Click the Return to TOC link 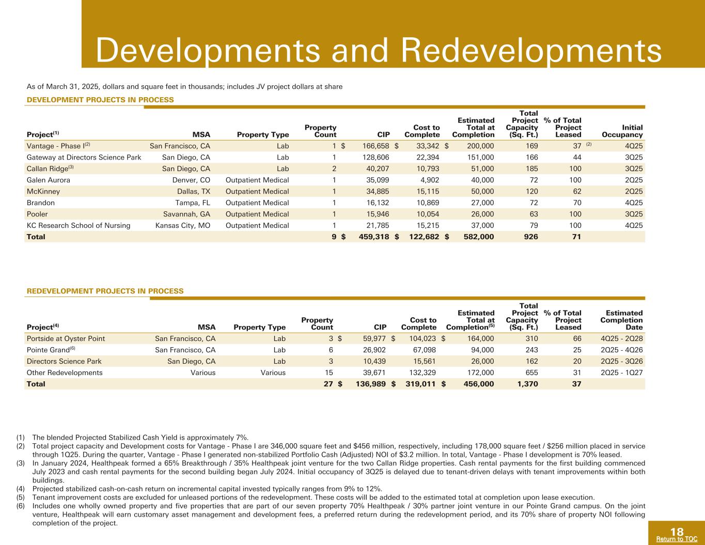[677, 539]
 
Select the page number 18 [677, 532]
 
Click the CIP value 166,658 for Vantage [372, 146]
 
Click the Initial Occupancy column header [628, 131]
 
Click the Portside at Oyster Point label [66, 338]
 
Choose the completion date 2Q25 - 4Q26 [622, 350]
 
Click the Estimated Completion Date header [621, 320]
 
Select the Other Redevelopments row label [65, 372]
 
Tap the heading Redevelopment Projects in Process [105, 291]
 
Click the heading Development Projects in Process [100, 99]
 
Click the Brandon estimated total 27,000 [479, 203]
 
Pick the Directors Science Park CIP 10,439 [373, 361]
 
